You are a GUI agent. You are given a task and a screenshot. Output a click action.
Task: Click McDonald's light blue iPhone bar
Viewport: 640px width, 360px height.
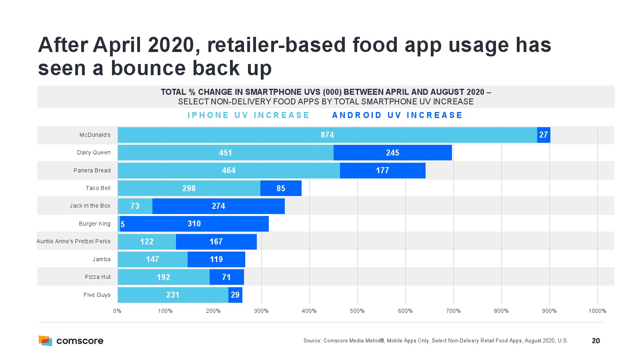click(x=327, y=135)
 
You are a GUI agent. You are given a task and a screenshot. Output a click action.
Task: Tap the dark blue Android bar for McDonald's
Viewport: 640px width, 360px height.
click(x=544, y=135)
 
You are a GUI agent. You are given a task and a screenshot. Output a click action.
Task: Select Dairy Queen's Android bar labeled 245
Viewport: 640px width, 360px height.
click(x=392, y=153)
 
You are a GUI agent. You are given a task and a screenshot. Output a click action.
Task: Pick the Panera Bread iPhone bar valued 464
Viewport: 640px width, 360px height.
click(x=229, y=170)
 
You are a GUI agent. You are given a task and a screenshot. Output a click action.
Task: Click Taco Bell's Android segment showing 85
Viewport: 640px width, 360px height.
click(x=281, y=188)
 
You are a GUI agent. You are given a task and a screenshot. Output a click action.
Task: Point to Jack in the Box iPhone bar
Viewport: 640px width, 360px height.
click(x=135, y=206)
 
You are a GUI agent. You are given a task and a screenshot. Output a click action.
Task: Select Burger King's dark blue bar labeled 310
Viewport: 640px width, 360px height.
click(x=194, y=224)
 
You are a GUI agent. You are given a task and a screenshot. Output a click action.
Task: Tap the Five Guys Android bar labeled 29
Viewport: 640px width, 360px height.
click(x=235, y=295)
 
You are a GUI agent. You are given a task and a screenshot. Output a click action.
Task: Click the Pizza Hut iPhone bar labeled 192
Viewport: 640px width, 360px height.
click(x=164, y=277)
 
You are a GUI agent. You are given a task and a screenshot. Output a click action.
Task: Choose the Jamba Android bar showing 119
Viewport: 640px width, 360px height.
click(x=216, y=259)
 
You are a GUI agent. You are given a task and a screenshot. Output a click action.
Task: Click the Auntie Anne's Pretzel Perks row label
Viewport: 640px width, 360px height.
click(x=74, y=241)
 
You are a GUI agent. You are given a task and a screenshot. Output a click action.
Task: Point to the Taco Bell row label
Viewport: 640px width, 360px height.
click(x=98, y=188)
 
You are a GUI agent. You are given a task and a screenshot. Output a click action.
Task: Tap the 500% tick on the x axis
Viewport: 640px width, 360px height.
click(x=357, y=311)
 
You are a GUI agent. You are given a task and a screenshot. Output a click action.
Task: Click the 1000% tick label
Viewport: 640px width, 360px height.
click(x=597, y=311)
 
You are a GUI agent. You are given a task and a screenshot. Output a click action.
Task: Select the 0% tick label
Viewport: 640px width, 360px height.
click(x=117, y=311)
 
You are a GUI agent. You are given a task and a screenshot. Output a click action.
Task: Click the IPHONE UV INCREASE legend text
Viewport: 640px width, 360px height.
click(x=248, y=115)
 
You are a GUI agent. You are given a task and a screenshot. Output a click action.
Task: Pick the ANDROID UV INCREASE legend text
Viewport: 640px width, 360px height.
click(x=397, y=115)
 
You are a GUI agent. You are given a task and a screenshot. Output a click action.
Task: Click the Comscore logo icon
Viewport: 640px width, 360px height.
click(x=45, y=340)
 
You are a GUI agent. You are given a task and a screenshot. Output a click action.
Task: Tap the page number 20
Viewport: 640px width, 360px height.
click(x=596, y=341)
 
